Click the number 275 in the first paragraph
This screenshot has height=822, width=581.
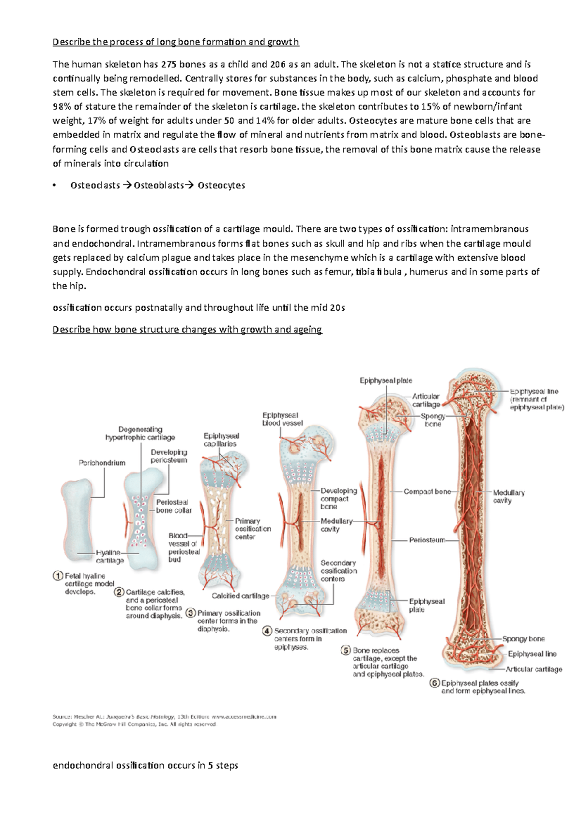click(169, 64)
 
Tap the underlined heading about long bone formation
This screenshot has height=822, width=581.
click(176, 42)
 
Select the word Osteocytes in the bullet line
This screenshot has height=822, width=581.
click(221, 185)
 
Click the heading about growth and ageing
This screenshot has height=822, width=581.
click(187, 330)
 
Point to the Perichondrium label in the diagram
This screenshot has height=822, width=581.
click(102, 463)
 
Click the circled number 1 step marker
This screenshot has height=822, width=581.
click(58, 576)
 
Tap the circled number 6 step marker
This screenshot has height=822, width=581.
click(434, 683)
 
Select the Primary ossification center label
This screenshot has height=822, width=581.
click(253, 529)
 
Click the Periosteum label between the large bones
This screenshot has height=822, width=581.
click(427, 540)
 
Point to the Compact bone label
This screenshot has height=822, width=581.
click(427, 491)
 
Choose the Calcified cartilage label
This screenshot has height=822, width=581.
click(240, 596)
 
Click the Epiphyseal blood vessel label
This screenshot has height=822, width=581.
click(282, 419)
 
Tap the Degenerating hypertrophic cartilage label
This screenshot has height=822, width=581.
click(140, 433)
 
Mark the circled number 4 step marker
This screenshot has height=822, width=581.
click(267, 631)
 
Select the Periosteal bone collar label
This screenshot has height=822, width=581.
click(173, 506)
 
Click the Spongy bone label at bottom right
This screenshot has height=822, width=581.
click(523, 639)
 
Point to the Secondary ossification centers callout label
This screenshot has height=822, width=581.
click(338, 571)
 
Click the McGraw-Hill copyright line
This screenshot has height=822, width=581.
click(134, 725)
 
